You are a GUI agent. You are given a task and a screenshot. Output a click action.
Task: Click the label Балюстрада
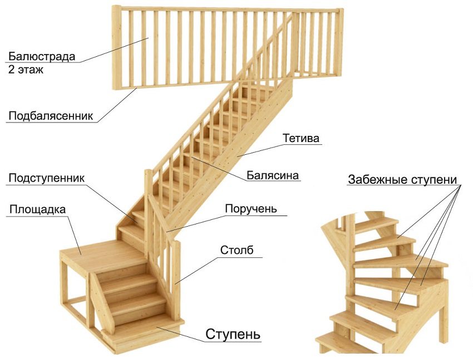(x=42, y=56)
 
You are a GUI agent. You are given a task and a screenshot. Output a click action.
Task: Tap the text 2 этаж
(x=26, y=70)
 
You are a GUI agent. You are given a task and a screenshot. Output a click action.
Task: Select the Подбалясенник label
(x=51, y=116)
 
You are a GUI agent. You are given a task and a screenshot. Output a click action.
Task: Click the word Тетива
(x=300, y=138)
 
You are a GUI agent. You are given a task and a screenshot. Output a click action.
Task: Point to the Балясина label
(x=273, y=175)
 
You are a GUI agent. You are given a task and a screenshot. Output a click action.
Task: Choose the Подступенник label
(x=46, y=178)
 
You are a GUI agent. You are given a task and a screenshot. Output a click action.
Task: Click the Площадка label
(x=37, y=209)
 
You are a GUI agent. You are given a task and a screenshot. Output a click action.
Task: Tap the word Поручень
(x=251, y=209)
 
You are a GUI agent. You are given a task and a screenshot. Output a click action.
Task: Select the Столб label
(x=237, y=250)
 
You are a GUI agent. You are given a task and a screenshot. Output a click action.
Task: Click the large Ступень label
(x=233, y=334)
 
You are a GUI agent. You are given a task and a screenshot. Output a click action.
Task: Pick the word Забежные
(x=377, y=179)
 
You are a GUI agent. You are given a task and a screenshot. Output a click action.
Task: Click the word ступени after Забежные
(x=433, y=180)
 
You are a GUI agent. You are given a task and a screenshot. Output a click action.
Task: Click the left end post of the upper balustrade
(x=116, y=47)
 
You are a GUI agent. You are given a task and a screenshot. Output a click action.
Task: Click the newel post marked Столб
(x=176, y=280)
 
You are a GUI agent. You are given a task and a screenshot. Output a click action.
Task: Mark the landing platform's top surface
(x=102, y=253)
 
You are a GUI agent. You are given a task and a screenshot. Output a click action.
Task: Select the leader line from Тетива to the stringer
(x=260, y=150)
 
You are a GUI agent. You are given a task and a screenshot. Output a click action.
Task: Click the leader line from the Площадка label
(x=74, y=235)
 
